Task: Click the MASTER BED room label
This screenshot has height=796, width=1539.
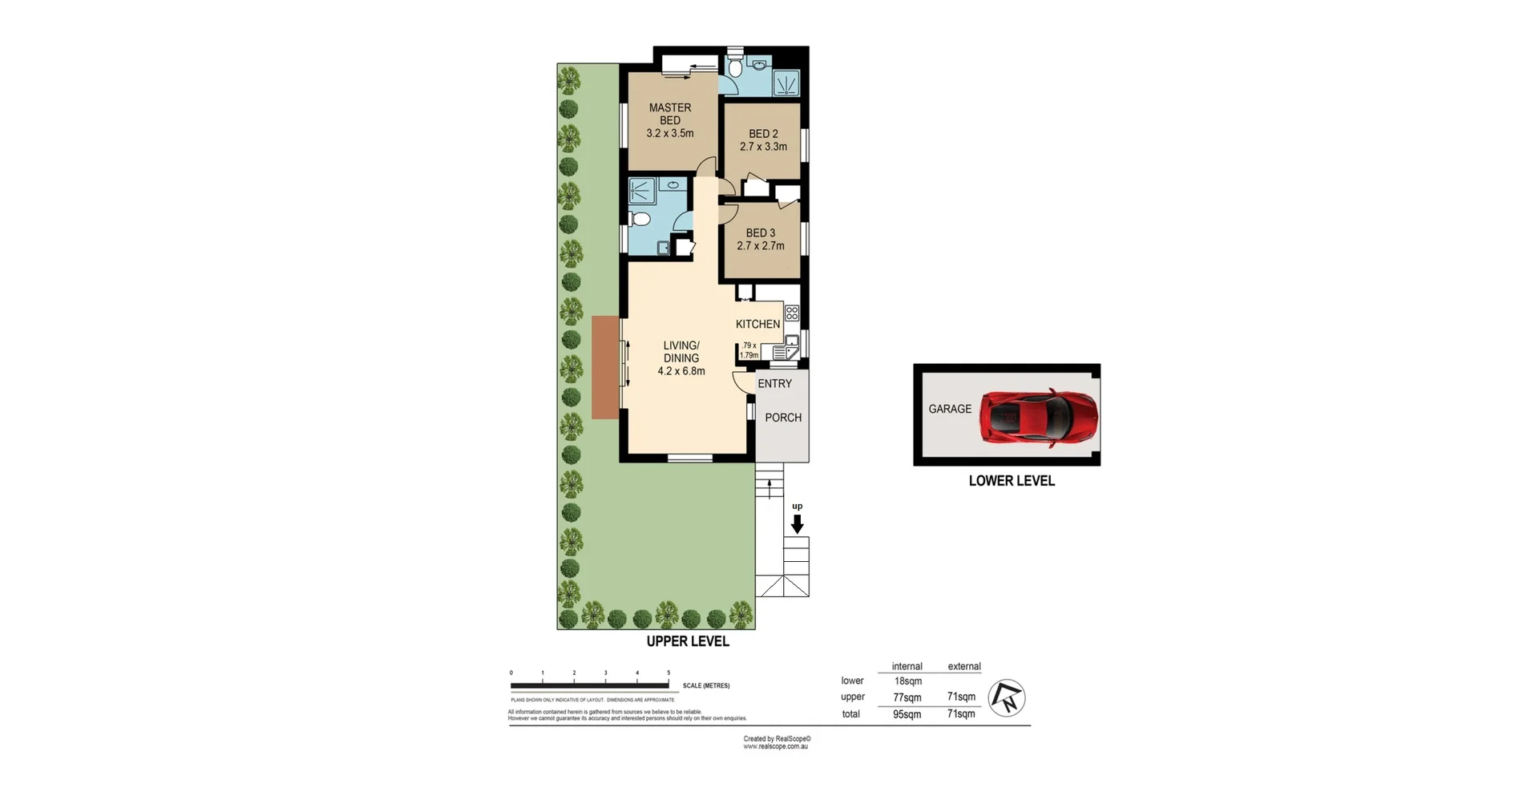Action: tap(670, 114)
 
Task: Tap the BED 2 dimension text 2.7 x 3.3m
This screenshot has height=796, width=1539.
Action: tap(763, 147)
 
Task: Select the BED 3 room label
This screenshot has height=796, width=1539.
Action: tap(760, 233)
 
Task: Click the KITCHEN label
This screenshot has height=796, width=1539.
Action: tap(757, 324)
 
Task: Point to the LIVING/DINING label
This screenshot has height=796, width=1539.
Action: tap(681, 352)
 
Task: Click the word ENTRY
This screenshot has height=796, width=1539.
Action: tap(774, 384)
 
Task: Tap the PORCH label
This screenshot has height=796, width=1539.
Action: tap(782, 418)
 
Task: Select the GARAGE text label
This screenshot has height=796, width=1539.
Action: tap(950, 409)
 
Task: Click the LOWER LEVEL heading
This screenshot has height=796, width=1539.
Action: tap(1012, 481)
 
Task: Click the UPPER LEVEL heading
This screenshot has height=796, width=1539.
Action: tap(688, 641)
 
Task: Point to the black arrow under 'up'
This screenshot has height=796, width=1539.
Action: tap(797, 524)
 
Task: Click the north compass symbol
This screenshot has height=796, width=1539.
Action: tap(1007, 698)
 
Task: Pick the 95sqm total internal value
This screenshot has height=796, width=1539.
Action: tap(907, 714)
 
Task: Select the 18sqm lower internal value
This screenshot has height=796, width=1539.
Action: tap(907, 681)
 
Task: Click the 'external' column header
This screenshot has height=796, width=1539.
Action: tap(963, 666)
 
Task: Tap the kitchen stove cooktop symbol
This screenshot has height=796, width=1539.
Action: tap(791, 313)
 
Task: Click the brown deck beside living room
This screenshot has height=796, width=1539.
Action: tap(605, 367)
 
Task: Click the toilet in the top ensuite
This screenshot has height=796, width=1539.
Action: tap(735, 67)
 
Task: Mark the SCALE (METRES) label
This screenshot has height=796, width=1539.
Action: tap(705, 686)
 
